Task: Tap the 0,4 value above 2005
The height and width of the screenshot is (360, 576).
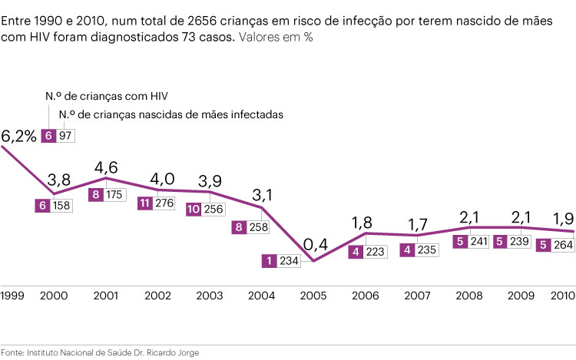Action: (x=314, y=224)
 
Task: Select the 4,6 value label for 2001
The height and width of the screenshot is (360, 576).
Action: (x=106, y=167)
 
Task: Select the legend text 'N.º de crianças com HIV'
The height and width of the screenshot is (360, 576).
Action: (x=106, y=97)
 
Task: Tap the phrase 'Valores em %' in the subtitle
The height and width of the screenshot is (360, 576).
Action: (x=275, y=36)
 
